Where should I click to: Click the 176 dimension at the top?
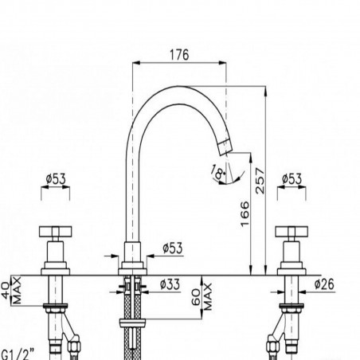(x=179, y=55)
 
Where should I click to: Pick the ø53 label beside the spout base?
(x=171, y=248)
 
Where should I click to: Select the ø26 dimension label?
(x=324, y=284)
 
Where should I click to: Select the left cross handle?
(x=54, y=233)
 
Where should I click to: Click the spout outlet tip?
(x=224, y=146)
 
